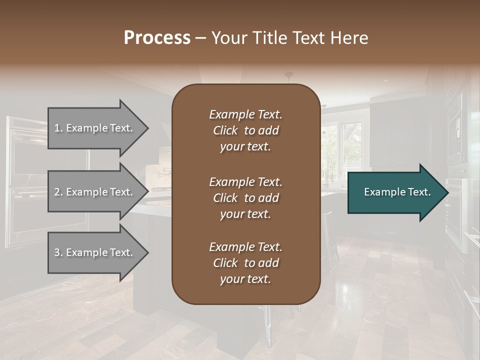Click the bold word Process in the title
[x=157, y=38]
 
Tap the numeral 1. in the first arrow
[x=58, y=128]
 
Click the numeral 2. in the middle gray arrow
[x=58, y=192]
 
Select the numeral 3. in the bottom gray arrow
[x=58, y=252]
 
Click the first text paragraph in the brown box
[x=245, y=130]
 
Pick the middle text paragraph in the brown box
[x=245, y=198]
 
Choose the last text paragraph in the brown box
[x=245, y=263]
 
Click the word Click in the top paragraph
[x=225, y=130]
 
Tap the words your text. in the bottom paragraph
[x=245, y=279]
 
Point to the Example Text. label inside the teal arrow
[x=397, y=192]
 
